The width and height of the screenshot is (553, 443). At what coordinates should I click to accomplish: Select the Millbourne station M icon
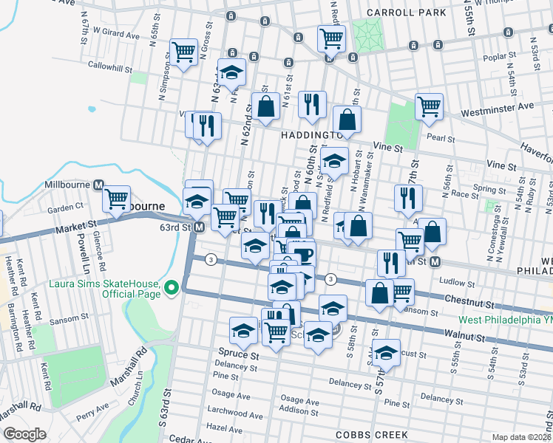click(x=98, y=185)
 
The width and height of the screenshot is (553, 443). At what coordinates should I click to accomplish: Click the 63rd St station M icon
click(x=199, y=227)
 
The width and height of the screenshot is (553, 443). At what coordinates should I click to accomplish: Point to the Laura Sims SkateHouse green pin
click(x=172, y=287)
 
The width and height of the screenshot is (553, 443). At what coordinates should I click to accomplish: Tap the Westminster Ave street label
click(x=497, y=106)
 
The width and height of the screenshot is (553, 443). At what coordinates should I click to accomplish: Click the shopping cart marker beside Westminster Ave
click(x=429, y=106)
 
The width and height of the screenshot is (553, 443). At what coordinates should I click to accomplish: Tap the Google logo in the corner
click(x=24, y=434)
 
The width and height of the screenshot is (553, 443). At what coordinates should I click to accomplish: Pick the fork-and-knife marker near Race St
click(x=407, y=197)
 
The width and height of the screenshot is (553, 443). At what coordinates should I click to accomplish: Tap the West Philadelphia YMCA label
click(x=504, y=320)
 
